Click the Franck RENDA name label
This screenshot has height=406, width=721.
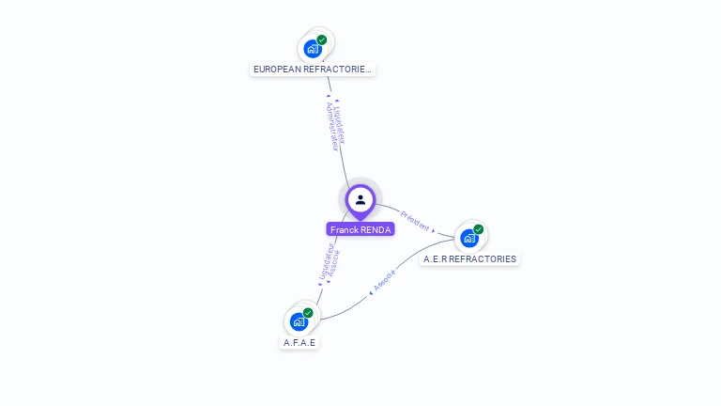[x=360, y=229]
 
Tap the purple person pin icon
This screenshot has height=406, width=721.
[x=360, y=200]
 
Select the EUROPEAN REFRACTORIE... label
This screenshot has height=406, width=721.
[x=313, y=69]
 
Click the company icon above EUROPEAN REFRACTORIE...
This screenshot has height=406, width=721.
[x=313, y=49]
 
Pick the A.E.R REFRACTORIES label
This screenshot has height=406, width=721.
[x=469, y=258]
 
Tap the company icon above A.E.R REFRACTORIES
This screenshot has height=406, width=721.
[x=469, y=239]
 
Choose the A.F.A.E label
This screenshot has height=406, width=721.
[x=299, y=342]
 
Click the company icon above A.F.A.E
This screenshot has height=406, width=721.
[x=299, y=321]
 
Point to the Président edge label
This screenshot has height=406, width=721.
[x=415, y=220]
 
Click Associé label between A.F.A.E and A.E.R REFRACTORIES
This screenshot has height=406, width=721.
[x=384, y=280]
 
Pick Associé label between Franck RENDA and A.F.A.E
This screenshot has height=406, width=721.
[x=333, y=266]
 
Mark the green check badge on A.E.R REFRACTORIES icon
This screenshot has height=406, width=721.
[x=479, y=229]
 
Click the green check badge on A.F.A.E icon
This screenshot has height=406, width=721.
[x=308, y=313]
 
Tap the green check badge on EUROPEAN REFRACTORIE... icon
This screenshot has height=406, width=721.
[x=322, y=40]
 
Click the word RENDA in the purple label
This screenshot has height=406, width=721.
[x=376, y=229]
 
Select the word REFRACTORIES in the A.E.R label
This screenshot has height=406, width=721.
[x=483, y=258]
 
